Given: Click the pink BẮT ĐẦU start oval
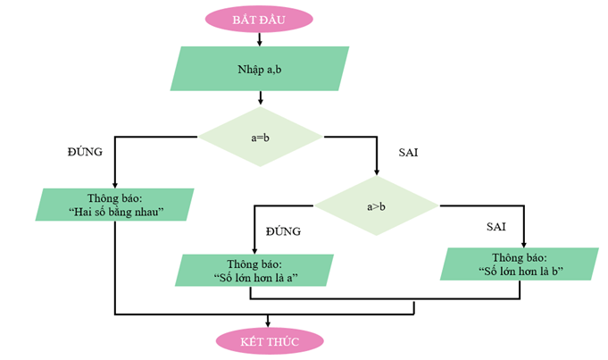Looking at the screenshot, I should point(259,18).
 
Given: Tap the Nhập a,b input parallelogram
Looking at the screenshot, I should point(259,69).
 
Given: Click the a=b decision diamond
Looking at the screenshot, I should point(260,138).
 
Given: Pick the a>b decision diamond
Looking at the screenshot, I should point(376,206).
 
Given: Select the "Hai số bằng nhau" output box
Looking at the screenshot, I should point(115,205).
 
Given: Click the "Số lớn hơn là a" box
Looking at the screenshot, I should point(255,270).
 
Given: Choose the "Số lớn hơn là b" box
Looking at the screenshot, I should point(520,264).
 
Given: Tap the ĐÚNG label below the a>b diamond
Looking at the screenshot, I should point(283,231).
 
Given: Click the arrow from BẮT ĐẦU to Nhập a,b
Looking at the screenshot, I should point(259,39).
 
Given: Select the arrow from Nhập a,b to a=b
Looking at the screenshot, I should point(260,97).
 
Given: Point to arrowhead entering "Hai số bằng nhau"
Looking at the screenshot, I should point(115,184).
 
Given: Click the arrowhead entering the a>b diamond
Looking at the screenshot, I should point(376,172).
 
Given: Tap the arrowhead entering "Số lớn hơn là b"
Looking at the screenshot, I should point(522,243).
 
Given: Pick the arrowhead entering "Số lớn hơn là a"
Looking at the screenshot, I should point(254,250).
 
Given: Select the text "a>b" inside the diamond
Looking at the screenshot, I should point(376,206).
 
